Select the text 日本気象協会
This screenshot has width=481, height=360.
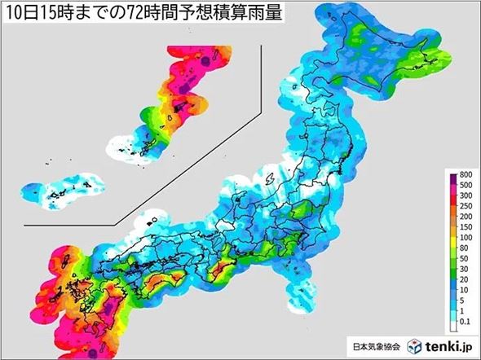377,345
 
